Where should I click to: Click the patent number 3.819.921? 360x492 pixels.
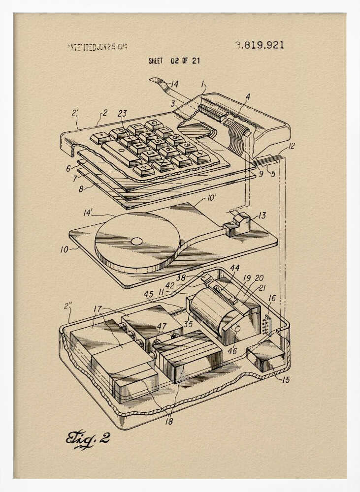[x=259, y=45]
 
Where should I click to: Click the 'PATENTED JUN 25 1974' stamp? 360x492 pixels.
[x=97, y=47]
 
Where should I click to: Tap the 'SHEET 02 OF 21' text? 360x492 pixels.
[x=174, y=61]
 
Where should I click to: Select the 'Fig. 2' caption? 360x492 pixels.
[x=88, y=438]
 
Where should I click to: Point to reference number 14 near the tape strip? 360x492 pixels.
[x=174, y=83]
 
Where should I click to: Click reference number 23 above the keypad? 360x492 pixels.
[x=122, y=113]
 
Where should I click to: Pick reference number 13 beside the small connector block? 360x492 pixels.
[x=262, y=215]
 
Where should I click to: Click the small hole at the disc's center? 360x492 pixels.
[x=136, y=242]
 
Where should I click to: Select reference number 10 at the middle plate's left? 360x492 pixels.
[x=65, y=249]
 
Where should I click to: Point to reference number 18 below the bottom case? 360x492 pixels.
[x=169, y=421]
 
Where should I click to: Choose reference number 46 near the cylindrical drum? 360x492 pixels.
[x=232, y=351]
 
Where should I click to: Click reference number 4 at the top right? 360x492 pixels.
[x=248, y=97]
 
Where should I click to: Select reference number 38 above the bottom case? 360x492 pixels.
[x=181, y=277]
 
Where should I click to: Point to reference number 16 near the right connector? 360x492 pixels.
[x=272, y=298]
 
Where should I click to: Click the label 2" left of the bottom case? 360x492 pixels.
[x=67, y=306]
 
